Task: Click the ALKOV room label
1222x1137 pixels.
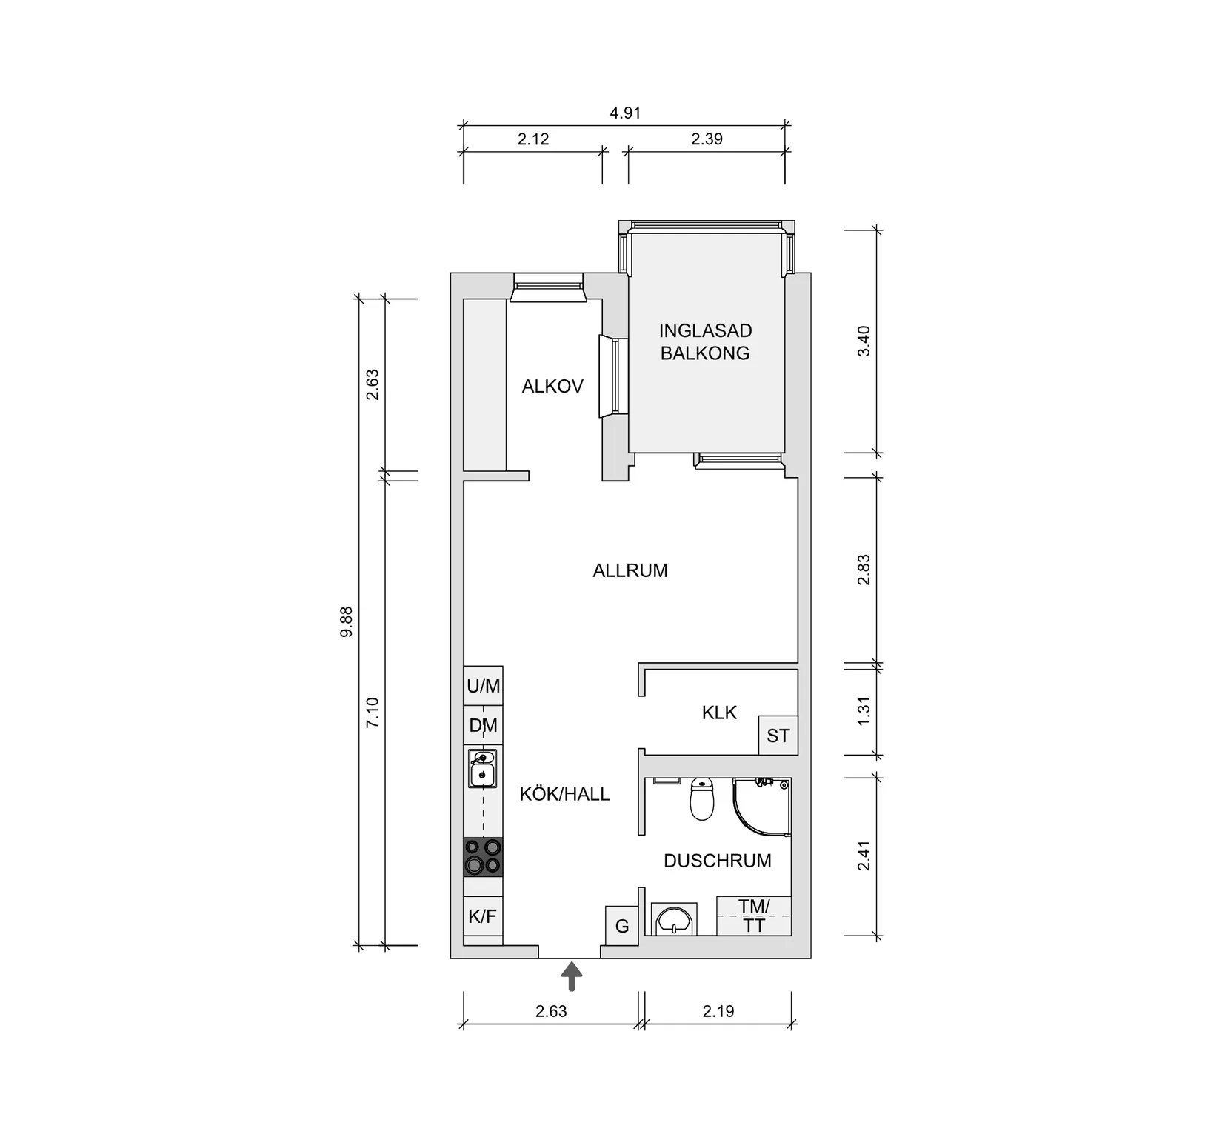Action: click(552, 386)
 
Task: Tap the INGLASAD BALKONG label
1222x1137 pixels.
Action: click(705, 341)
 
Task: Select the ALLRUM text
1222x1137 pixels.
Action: click(630, 570)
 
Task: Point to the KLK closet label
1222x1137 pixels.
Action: click(719, 713)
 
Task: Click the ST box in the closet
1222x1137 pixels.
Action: click(778, 736)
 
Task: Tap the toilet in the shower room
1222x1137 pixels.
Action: click(701, 799)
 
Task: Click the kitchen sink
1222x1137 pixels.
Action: click(483, 769)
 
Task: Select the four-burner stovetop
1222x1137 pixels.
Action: click(483, 857)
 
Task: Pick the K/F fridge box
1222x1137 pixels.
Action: click(482, 917)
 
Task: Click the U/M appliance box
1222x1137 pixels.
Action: click(483, 687)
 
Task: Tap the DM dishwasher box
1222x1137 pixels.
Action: click(483, 725)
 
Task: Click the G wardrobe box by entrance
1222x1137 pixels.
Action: click(622, 926)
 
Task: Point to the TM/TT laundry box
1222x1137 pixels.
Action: click(754, 916)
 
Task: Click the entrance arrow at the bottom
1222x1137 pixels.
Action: click(571, 976)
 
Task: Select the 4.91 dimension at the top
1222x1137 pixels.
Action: click(624, 113)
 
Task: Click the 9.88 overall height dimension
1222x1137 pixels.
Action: click(347, 622)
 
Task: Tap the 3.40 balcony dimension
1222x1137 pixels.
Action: click(864, 341)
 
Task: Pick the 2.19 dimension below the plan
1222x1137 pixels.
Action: click(718, 1011)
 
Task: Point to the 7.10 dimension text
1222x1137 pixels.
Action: click(373, 712)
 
